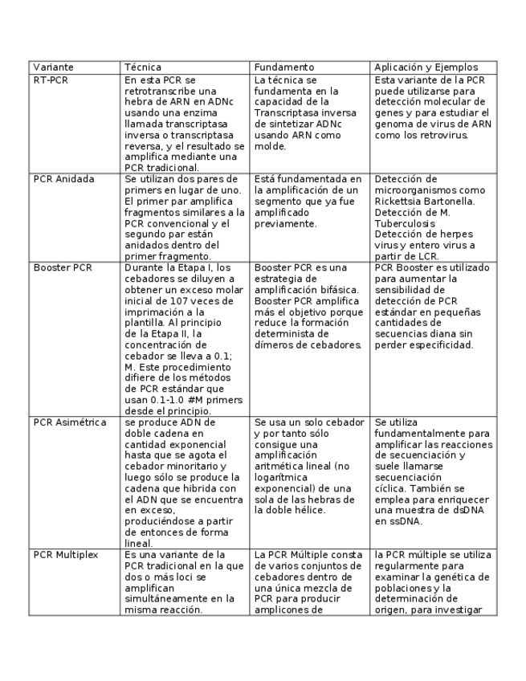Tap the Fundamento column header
[x=283, y=67]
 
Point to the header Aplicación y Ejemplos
[x=426, y=67]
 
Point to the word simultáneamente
[x=164, y=599]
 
